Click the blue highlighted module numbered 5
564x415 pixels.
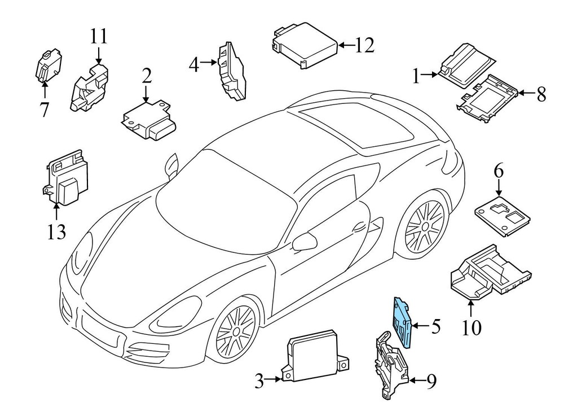click(x=403, y=323)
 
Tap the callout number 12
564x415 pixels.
click(x=364, y=45)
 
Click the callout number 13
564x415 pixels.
click(x=57, y=231)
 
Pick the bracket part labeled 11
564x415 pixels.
click(x=90, y=88)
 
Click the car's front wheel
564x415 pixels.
click(x=235, y=331)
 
